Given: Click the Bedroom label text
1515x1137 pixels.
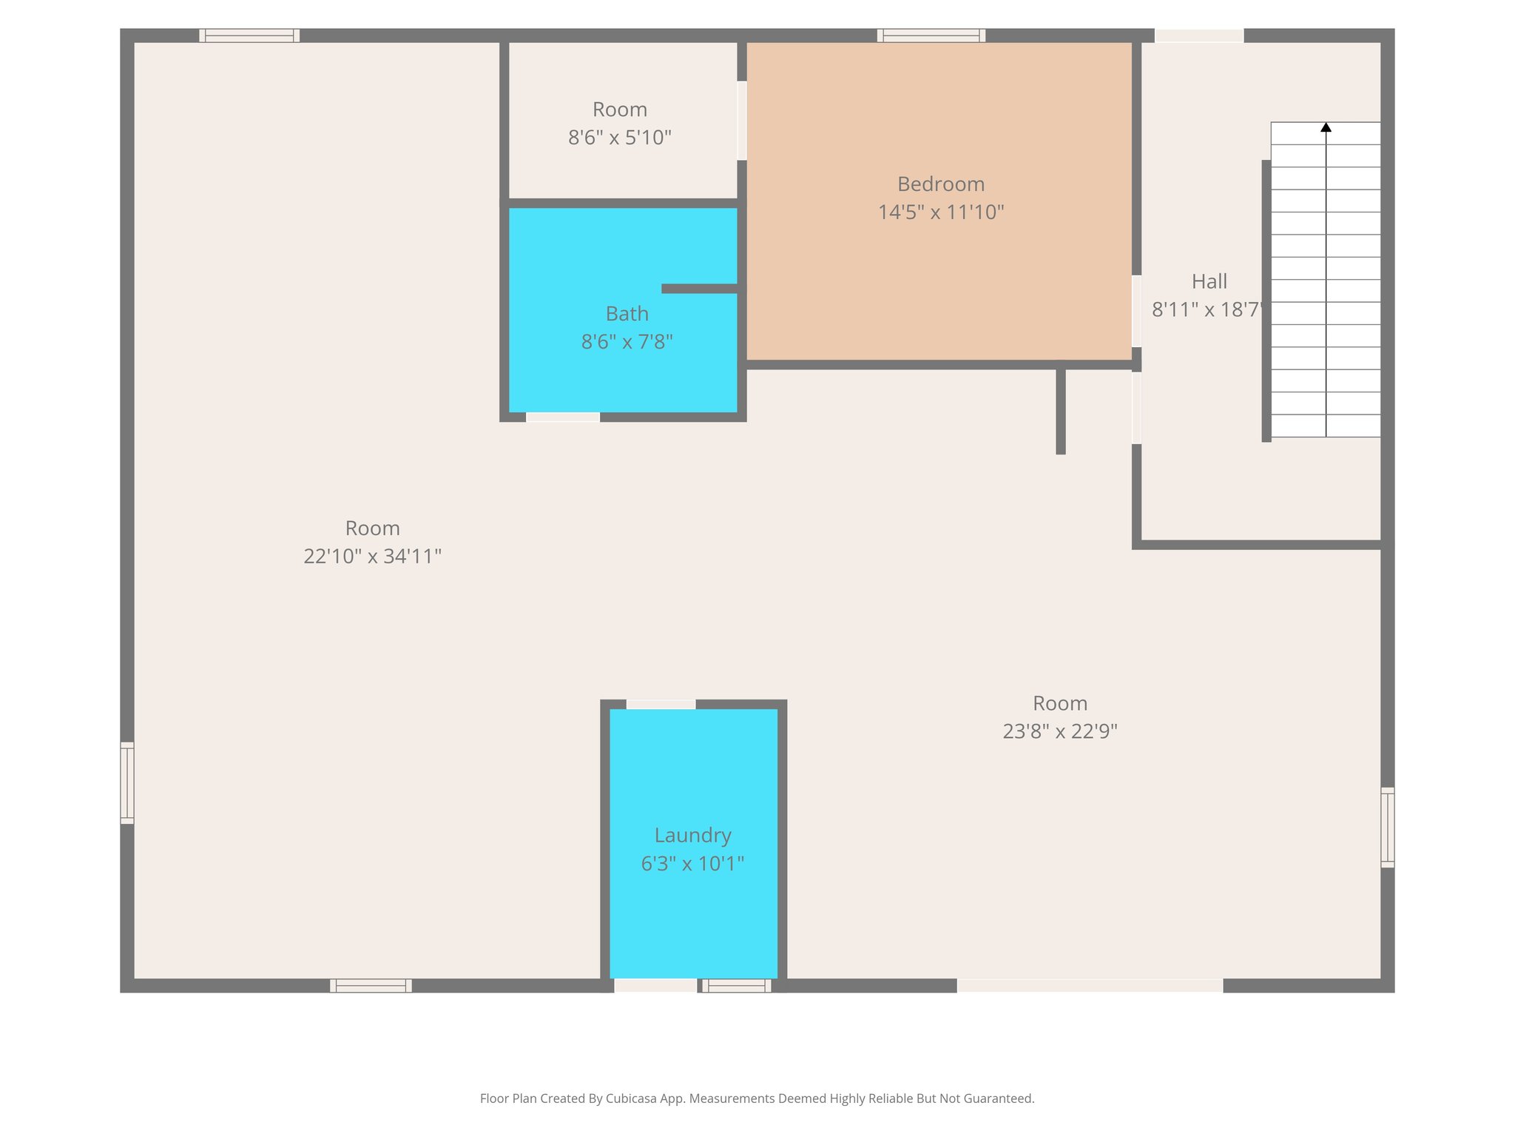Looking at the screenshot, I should click(x=940, y=184).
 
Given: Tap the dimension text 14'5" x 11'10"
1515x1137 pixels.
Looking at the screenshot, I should click(x=940, y=212).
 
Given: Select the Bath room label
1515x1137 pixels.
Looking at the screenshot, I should click(x=627, y=314).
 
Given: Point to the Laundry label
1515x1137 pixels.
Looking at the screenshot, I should click(x=692, y=835).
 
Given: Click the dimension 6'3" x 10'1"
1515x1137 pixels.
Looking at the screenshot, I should click(x=692, y=863).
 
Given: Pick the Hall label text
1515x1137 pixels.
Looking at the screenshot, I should click(x=1209, y=281).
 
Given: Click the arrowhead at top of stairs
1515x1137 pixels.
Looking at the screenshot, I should click(x=1326, y=127).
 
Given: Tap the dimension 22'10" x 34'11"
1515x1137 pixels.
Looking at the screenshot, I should click(x=372, y=556).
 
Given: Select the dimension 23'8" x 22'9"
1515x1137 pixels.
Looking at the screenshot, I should click(x=1059, y=731).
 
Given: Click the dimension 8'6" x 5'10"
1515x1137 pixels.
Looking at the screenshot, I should click(x=619, y=138).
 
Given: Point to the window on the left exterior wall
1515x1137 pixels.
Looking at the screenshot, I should click(x=127, y=782).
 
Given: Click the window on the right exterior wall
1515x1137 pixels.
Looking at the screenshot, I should click(x=1388, y=827).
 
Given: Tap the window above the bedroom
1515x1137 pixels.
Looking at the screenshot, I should click(x=931, y=36).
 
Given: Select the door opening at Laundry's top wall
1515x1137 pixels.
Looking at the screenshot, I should click(x=661, y=704).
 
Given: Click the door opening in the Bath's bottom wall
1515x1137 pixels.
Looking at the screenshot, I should click(x=562, y=417).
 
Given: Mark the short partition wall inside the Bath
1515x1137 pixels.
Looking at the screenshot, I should click(x=699, y=289).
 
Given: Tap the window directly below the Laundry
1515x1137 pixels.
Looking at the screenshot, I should click(x=736, y=985).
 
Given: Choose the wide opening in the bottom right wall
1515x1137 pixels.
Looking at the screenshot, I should click(x=1090, y=985).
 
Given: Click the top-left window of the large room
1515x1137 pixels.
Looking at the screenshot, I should click(x=249, y=36).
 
